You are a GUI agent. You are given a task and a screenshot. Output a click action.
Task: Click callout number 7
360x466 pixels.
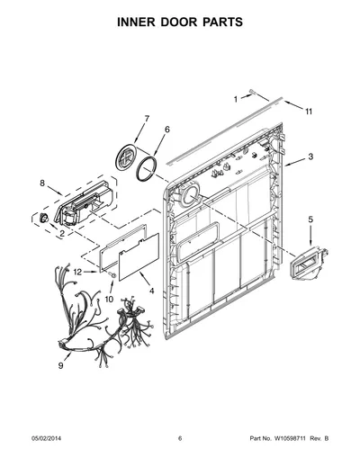tap(147, 119)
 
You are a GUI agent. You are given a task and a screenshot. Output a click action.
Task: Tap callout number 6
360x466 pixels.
tap(167, 130)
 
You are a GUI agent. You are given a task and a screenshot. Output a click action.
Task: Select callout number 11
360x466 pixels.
tap(309, 112)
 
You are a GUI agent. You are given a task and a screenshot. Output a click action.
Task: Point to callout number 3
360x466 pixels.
tap(310, 157)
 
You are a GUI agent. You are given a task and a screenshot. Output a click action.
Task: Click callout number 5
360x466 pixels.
tap(310, 220)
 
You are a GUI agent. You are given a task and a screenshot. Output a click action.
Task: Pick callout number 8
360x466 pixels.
tap(42, 183)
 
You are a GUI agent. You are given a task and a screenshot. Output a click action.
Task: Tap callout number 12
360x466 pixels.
tap(77, 272)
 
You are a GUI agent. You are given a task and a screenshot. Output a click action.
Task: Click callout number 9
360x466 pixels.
tap(60, 365)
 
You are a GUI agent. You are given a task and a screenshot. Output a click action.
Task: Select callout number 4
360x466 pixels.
tap(152, 291)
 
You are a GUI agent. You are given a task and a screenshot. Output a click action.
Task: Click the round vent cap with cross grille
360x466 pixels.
tap(126, 157)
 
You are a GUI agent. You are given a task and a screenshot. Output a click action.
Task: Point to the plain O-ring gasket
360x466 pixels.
tap(147, 169)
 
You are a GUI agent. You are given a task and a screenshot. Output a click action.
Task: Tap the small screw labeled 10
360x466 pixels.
tap(112, 273)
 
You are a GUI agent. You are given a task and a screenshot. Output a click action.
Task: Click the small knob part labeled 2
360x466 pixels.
tap(44, 218)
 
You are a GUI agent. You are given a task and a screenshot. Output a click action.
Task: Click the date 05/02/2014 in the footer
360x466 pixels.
tap(46, 438)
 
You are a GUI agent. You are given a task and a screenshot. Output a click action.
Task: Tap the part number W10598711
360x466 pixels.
tap(289, 438)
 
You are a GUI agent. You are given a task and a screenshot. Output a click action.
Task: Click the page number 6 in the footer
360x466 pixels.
tap(180, 438)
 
